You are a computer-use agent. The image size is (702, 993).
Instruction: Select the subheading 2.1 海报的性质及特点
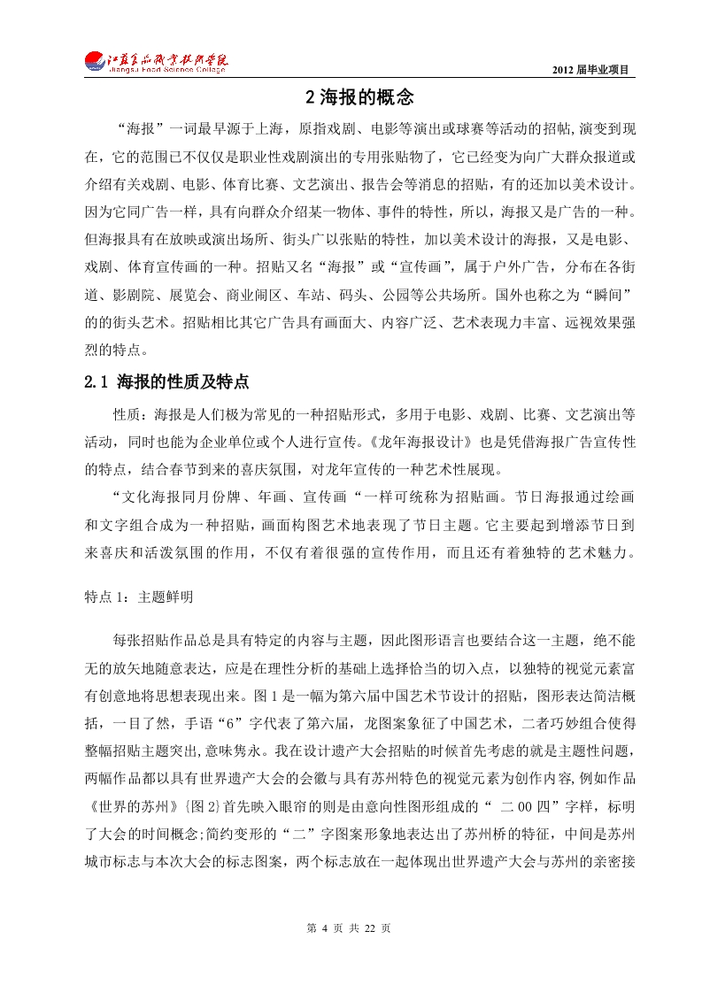(166, 382)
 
